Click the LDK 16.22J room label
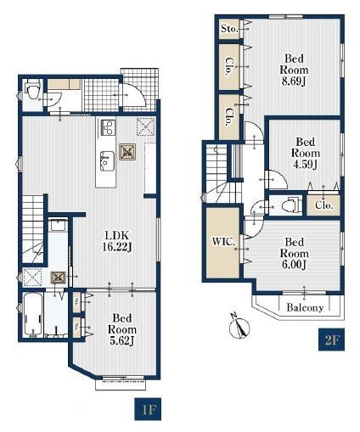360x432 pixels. point(117,241)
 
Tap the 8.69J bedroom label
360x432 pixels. point(294,70)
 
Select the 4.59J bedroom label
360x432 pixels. point(306,153)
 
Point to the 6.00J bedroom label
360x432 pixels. point(294,253)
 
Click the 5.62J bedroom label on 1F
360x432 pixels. point(122,329)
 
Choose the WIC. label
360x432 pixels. point(223,242)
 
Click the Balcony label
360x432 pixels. point(305,307)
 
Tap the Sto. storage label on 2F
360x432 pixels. point(229,28)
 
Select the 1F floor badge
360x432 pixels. point(148,409)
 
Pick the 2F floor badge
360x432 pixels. point(331,339)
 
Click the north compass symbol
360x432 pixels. point(239,327)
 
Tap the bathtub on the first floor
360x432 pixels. point(33,316)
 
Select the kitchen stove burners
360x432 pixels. point(108,127)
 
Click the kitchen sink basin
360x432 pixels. point(107,160)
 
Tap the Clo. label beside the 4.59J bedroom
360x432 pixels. point(323,205)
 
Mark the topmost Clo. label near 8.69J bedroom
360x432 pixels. point(228,66)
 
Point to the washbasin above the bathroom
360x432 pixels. point(58,226)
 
